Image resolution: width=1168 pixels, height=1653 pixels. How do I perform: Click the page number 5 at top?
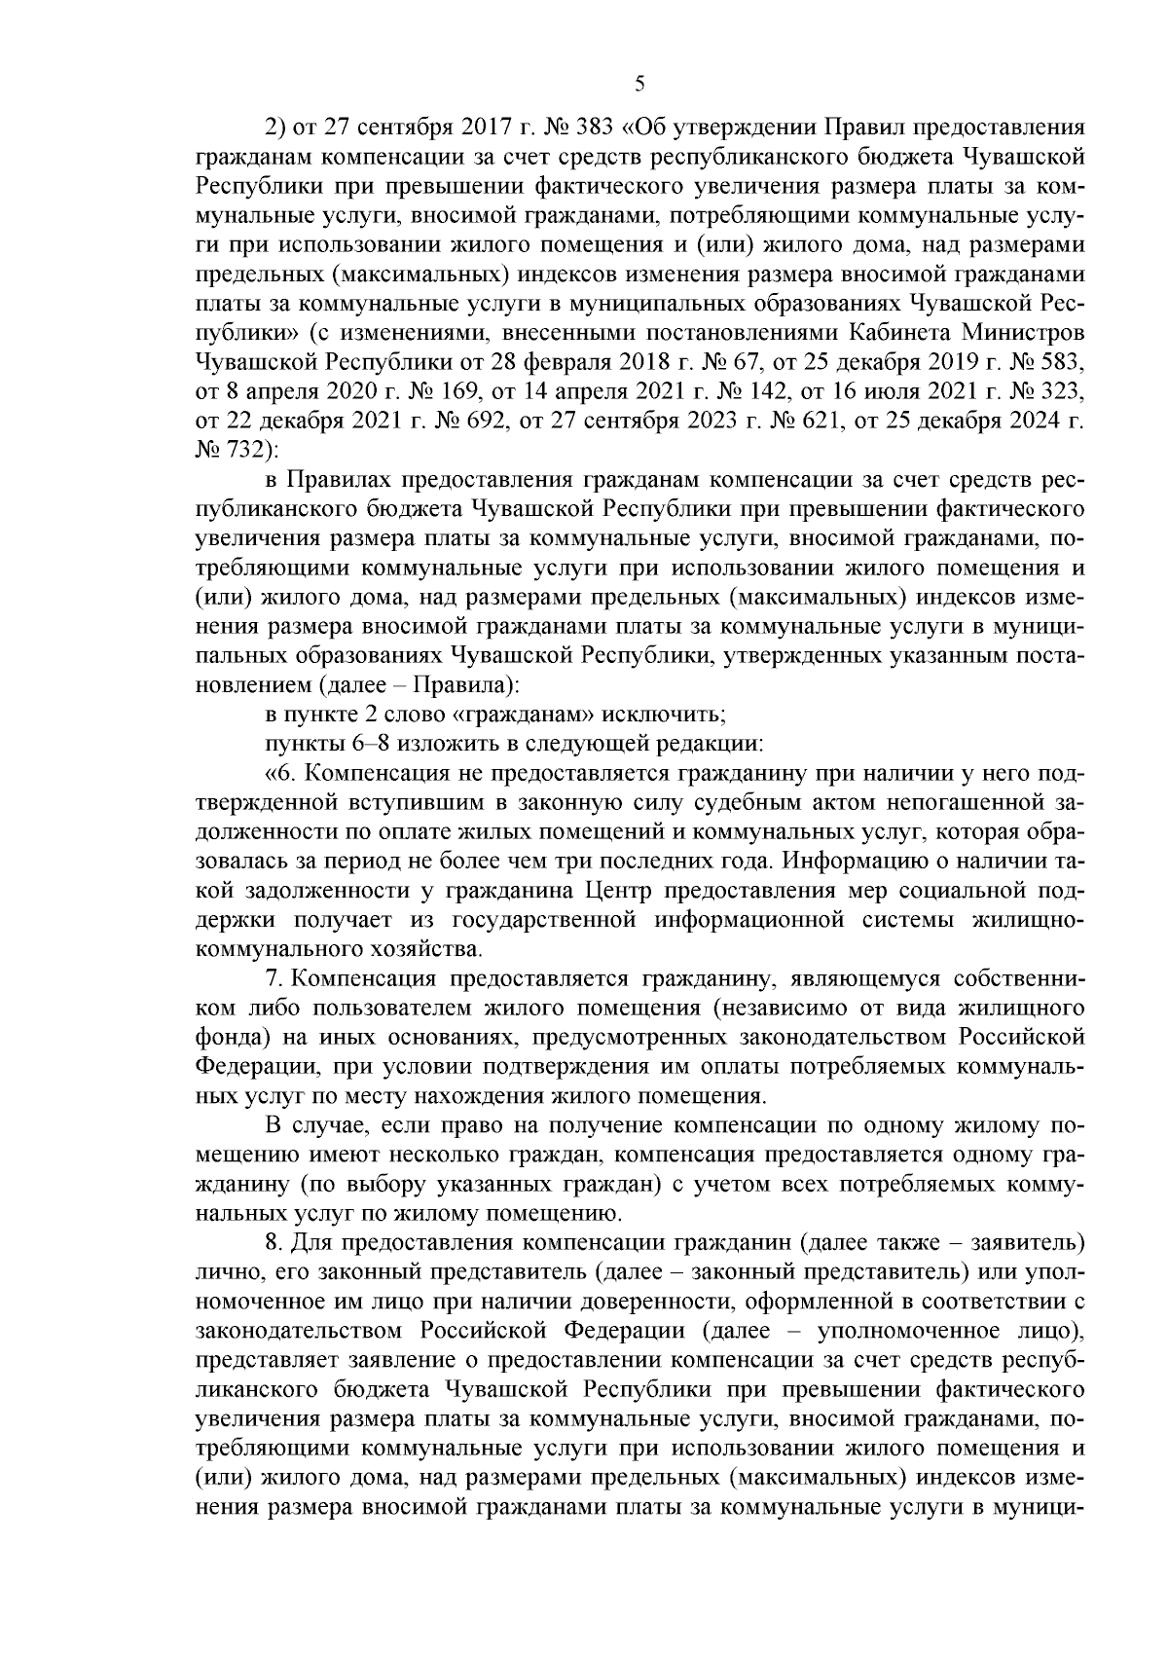(x=639, y=85)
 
